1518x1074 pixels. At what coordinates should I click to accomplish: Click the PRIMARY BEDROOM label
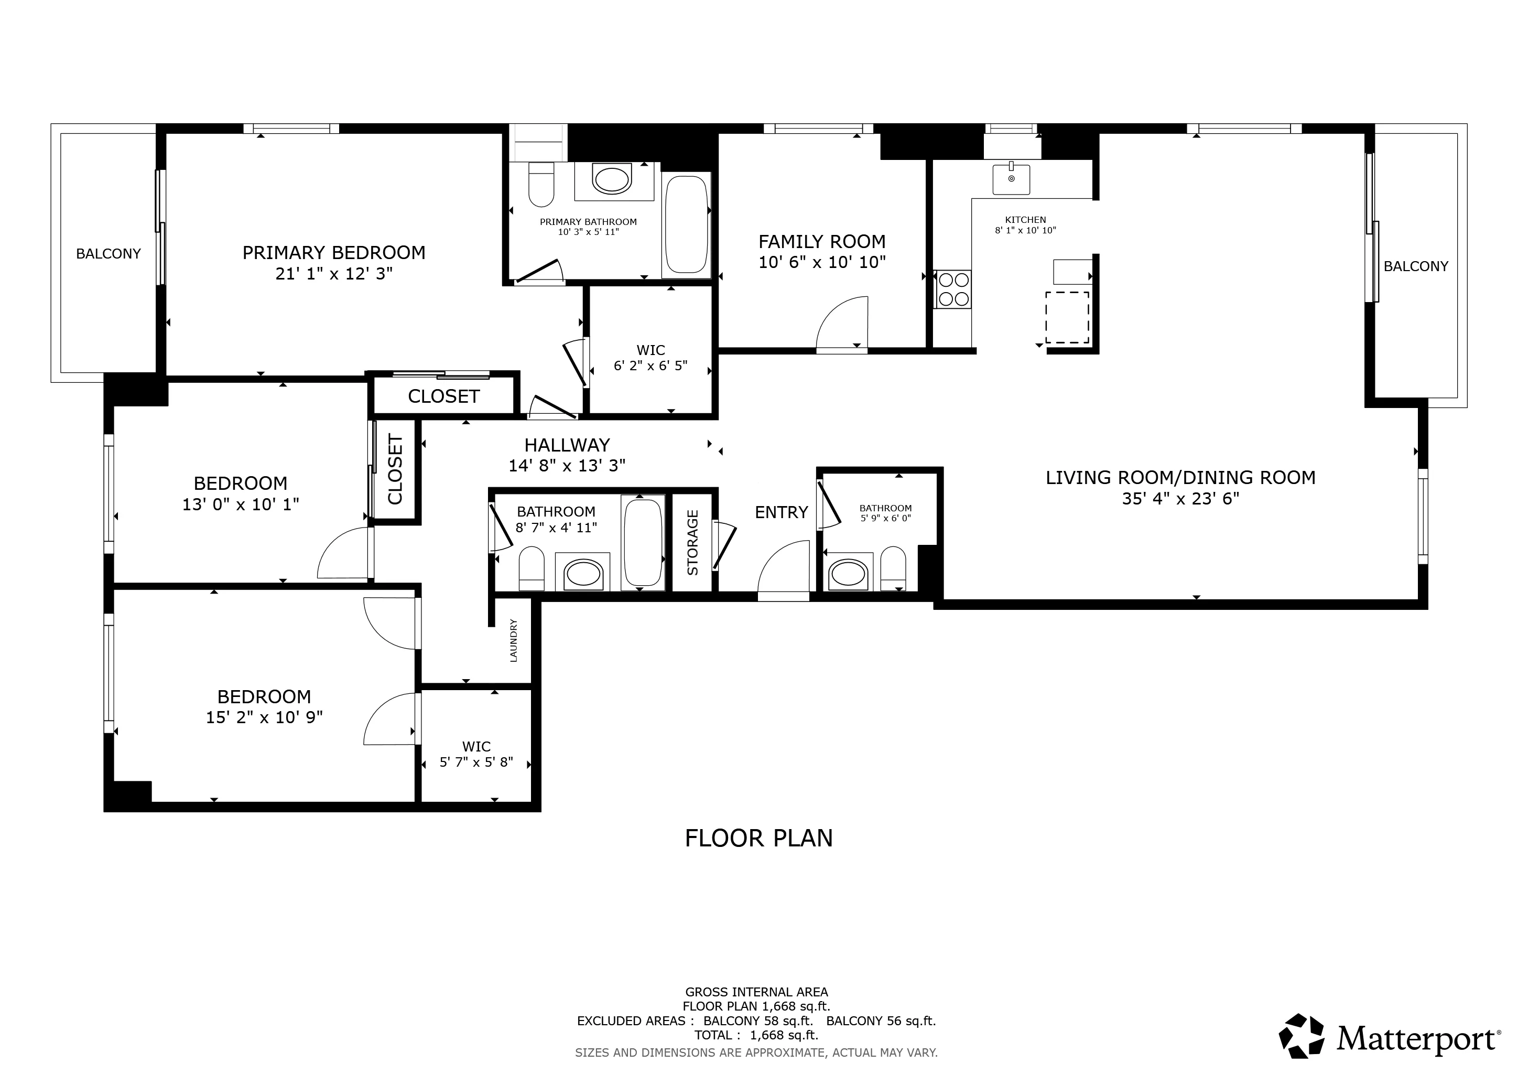point(333,253)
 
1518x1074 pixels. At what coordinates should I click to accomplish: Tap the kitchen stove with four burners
point(952,289)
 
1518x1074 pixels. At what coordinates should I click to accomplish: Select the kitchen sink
point(1011,179)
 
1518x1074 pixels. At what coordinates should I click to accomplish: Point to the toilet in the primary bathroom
point(541,185)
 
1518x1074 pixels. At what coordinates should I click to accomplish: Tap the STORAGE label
point(692,542)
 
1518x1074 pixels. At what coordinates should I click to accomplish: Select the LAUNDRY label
point(514,640)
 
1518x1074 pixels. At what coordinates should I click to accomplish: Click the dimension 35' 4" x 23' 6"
point(1180,499)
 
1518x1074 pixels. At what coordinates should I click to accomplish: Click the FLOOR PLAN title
point(758,839)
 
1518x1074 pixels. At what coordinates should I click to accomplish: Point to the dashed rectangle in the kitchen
point(1067,317)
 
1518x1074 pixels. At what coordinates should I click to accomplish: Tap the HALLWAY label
point(567,445)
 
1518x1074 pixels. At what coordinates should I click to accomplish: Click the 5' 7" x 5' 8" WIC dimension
point(476,762)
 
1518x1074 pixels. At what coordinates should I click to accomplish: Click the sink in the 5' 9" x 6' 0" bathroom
point(847,574)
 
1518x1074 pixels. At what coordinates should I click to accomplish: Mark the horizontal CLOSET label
point(443,396)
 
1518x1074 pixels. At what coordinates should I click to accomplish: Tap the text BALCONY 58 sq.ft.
point(757,1021)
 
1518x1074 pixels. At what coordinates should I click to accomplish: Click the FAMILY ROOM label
point(822,241)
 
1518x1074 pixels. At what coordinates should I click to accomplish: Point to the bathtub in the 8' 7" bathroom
point(643,542)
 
